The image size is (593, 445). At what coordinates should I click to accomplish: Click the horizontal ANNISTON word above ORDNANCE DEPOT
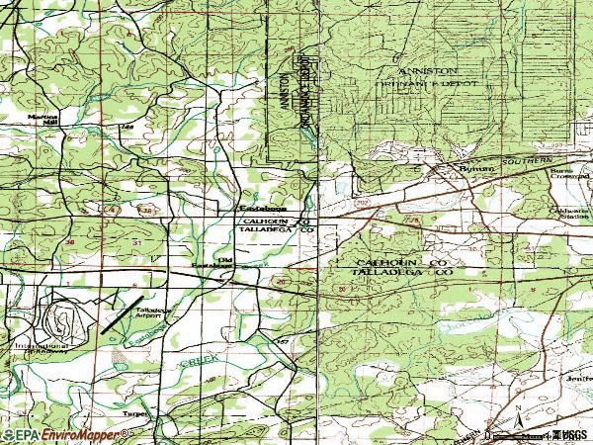coord(426,73)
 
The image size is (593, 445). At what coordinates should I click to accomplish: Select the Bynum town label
coord(476,170)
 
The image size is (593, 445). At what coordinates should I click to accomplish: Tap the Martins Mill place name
coord(42,118)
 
